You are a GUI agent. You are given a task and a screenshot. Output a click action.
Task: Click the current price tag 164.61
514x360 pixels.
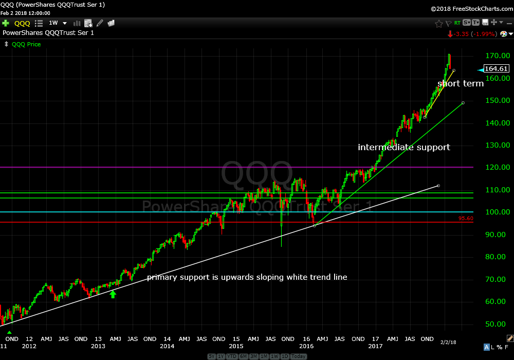pyautogui.click(x=496, y=69)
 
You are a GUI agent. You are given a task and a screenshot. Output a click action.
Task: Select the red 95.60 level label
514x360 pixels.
pyautogui.click(x=466, y=219)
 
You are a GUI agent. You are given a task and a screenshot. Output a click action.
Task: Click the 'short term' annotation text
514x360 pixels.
pyautogui.click(x=461, y=83)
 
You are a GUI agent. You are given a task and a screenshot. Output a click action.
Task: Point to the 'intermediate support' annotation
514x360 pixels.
pyautogui.click(x=404, y=148)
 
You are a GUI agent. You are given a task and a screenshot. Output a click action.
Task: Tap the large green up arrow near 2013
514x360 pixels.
pyautogui.click(x=113, y=294)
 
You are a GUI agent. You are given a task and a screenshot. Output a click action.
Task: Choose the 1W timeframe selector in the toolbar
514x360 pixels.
pyautogui.click(x=53, y=23)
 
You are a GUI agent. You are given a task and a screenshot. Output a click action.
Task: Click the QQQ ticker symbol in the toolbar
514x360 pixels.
pyautogui.click(x=22, y=23)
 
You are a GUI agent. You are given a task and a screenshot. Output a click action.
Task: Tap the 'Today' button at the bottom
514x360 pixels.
pyautogui.click(x=299, y=356)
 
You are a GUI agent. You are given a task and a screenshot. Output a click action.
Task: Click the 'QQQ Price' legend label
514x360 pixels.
pyautogui.click(x=26, y=44)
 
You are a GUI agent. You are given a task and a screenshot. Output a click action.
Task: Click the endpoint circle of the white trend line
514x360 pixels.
pyautogui.click(x=438, y=185)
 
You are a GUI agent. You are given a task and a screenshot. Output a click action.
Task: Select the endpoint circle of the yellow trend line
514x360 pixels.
pyautogui.click(x=453, y=70)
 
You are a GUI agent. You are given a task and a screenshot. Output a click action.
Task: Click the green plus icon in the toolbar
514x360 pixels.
pyautogui.click(x=6, y=23)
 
